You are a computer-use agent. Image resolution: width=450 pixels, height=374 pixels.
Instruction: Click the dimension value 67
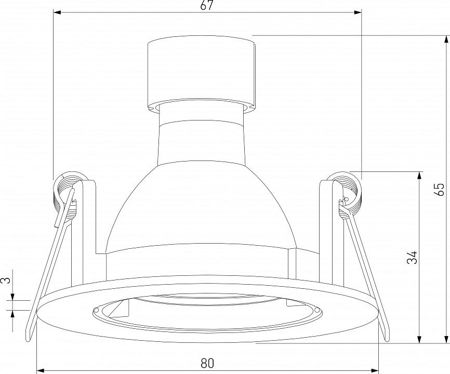(x=207, y=5)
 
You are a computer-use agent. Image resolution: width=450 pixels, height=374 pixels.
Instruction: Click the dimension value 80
(x=207, y=363)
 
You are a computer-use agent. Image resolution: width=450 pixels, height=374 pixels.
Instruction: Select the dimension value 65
(x=439, y=189)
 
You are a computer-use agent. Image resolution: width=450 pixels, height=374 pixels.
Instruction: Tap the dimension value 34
(x=412, y=257)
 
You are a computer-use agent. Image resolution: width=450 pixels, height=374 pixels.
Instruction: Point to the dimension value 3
(x=7, y=279)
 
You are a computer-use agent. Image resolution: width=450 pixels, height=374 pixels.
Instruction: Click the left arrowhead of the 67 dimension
(x=57, y=12)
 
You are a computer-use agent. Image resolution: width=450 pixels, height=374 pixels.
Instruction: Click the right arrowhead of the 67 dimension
(x=358, y=12)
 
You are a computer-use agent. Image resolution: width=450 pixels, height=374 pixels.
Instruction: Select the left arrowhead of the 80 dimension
(x=41, y=370)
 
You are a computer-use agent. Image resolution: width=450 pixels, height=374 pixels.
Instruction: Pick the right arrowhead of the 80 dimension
(x=375, y=370)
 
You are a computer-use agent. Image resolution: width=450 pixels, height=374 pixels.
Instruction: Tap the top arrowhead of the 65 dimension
(x=446, y=39)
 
